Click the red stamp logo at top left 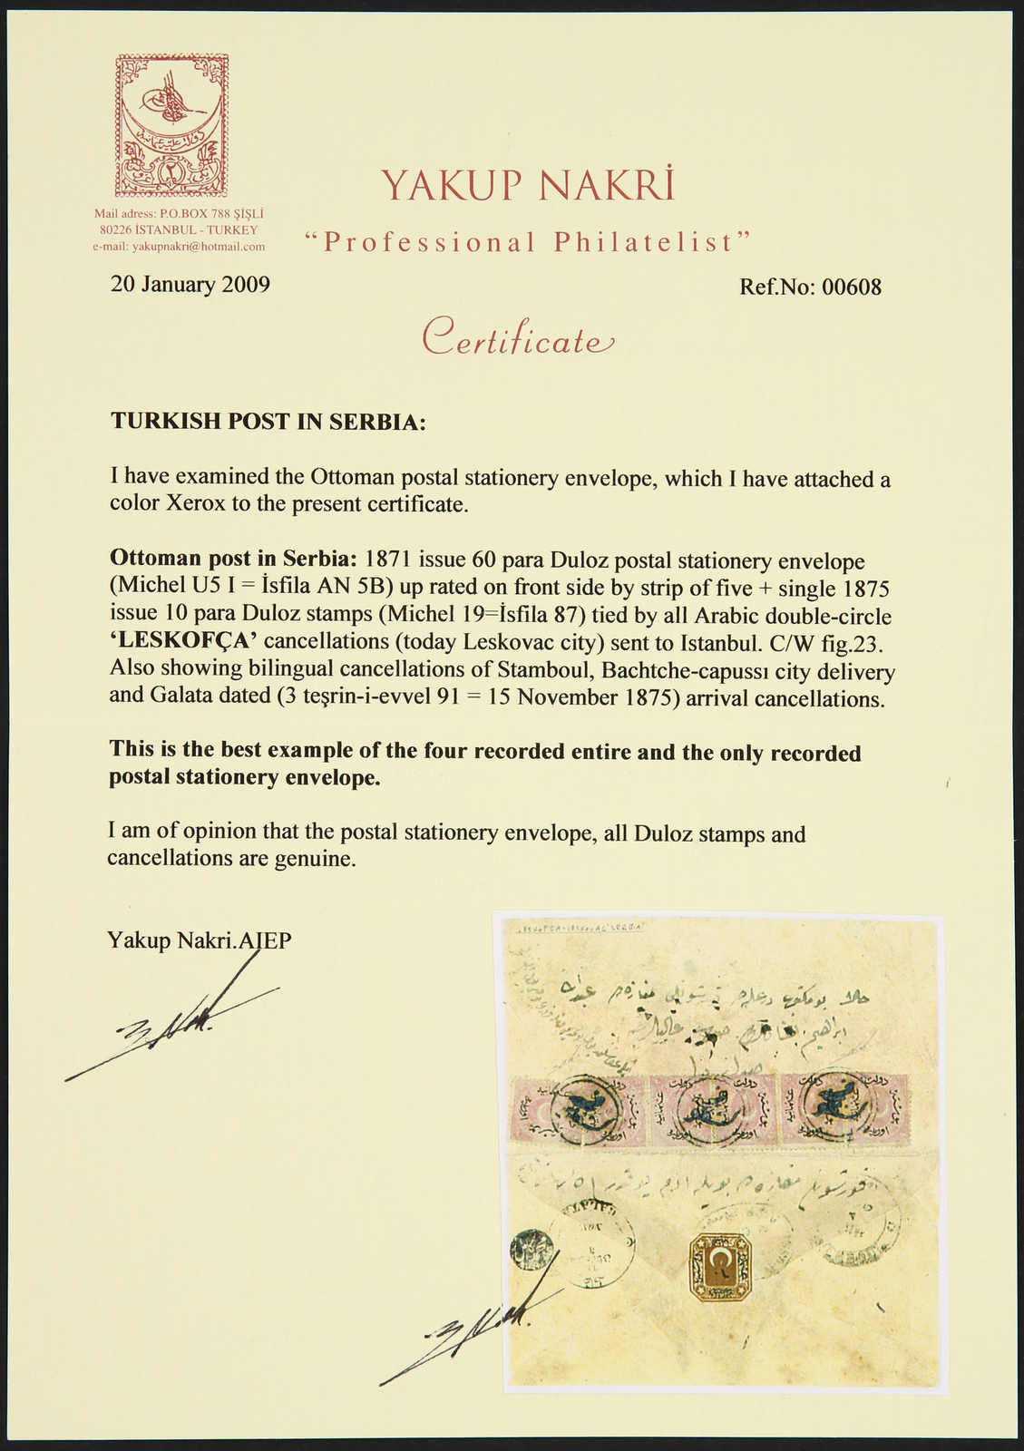171,125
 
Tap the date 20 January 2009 190,285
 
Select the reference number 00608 851,287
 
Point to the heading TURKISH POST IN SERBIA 268,422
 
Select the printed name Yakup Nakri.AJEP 200,940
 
